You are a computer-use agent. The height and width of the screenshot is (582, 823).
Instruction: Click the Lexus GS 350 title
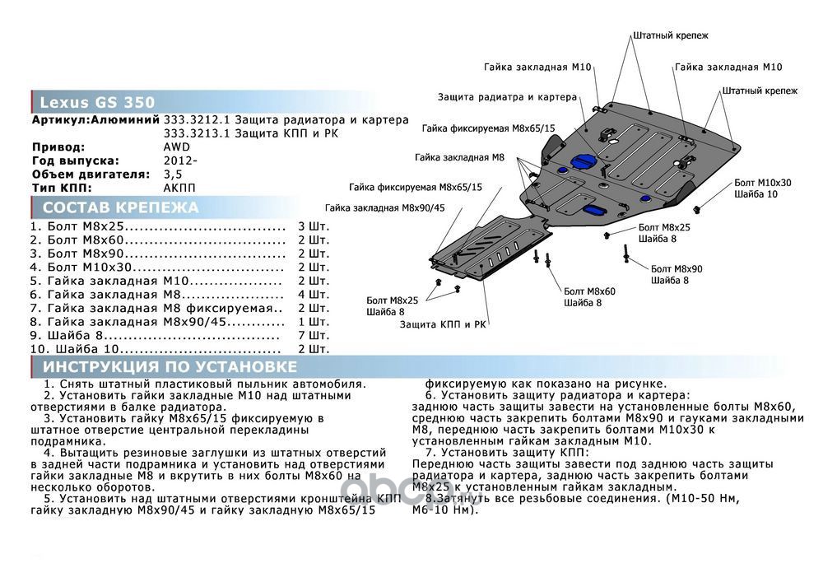point(97,103)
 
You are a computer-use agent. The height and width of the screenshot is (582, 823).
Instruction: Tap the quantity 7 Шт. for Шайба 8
point(313,336)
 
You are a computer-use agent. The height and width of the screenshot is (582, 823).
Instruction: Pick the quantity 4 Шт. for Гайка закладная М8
point(313,294)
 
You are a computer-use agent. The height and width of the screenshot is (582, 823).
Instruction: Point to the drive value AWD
point(176,147)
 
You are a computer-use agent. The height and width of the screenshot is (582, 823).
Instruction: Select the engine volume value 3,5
point(173,175)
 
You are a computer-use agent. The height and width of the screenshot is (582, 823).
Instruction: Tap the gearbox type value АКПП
point(179,188)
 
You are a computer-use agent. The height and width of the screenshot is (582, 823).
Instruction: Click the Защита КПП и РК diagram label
point(443,325)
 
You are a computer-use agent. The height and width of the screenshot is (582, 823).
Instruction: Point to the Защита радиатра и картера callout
point(508,96)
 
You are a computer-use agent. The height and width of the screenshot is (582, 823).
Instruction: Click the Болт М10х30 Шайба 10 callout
point(762,188)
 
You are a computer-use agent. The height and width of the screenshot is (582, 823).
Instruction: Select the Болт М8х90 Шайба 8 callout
point(676,275)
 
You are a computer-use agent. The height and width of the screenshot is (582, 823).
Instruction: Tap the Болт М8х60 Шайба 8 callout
point(589,297)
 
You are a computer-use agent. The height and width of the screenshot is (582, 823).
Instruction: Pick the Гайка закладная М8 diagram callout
point(459,156)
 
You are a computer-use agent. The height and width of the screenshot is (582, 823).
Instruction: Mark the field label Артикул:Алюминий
point(95,119)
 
